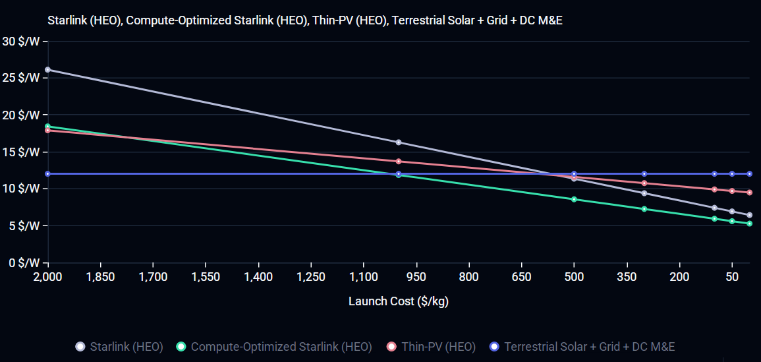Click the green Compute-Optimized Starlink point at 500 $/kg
(x=574, y=199)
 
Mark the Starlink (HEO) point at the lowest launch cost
(x=749, y=215)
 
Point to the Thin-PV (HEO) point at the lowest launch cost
(x=749, y=193)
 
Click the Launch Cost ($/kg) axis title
(x=399, y=301)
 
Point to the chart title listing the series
(x=305, y=21)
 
